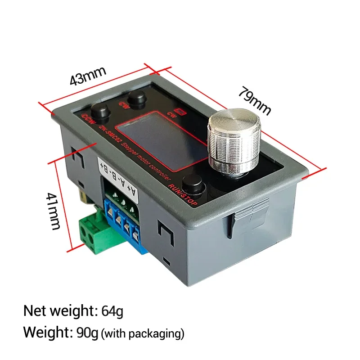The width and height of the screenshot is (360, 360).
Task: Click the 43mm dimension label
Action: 88,76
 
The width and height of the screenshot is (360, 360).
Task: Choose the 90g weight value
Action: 85,333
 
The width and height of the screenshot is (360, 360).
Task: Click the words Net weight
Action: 58,310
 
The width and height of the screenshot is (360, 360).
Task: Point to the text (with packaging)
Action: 143,334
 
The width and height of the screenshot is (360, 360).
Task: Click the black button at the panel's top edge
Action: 136,97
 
